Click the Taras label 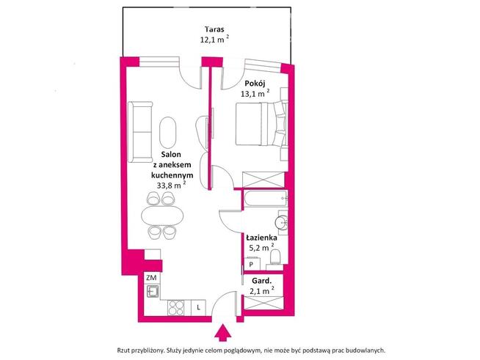(214, 31)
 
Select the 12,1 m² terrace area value (214, 41)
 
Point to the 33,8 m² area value (171, 185)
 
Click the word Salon (172, 155)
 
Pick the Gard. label (262, 280)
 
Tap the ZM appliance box (151, 278)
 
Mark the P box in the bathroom (251, 265)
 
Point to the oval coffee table (168, 133)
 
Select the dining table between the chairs (161, 215)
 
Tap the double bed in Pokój (259, 124)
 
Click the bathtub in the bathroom (265, 199)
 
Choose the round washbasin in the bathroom (281, 222)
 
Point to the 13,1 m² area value (255, 93)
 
